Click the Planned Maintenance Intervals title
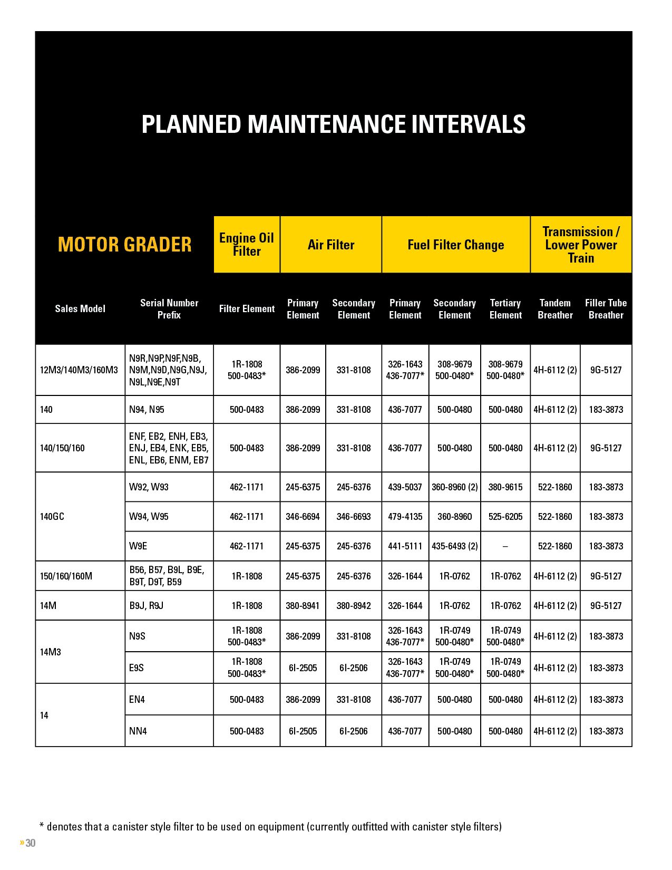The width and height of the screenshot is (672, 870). coord(333,124)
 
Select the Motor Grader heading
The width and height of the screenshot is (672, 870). coord(124,245)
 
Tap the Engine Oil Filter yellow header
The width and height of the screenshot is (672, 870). coord(247,245)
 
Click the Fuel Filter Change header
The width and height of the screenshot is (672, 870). coord(455,245)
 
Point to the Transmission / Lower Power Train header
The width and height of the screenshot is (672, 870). coord(581,245)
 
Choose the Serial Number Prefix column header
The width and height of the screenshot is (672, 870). coord(169,309)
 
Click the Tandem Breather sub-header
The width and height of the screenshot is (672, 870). coord(555,309)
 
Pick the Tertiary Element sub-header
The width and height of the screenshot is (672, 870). coord(505,309)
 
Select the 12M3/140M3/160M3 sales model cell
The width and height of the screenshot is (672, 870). coord(79,370)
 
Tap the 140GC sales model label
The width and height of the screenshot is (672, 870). coord(52,516)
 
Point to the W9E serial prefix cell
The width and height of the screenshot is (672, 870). coord(138,546)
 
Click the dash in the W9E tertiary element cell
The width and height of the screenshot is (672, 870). coord(505,546)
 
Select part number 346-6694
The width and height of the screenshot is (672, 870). coord(303,516)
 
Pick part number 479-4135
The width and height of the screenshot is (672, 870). coord(405,516)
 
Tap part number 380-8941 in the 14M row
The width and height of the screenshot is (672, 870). coord(303,605)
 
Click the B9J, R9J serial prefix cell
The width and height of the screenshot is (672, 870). coord(147,605)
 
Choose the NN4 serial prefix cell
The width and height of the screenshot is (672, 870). coord(138,731)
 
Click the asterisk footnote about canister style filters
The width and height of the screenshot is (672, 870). coord(270,826)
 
